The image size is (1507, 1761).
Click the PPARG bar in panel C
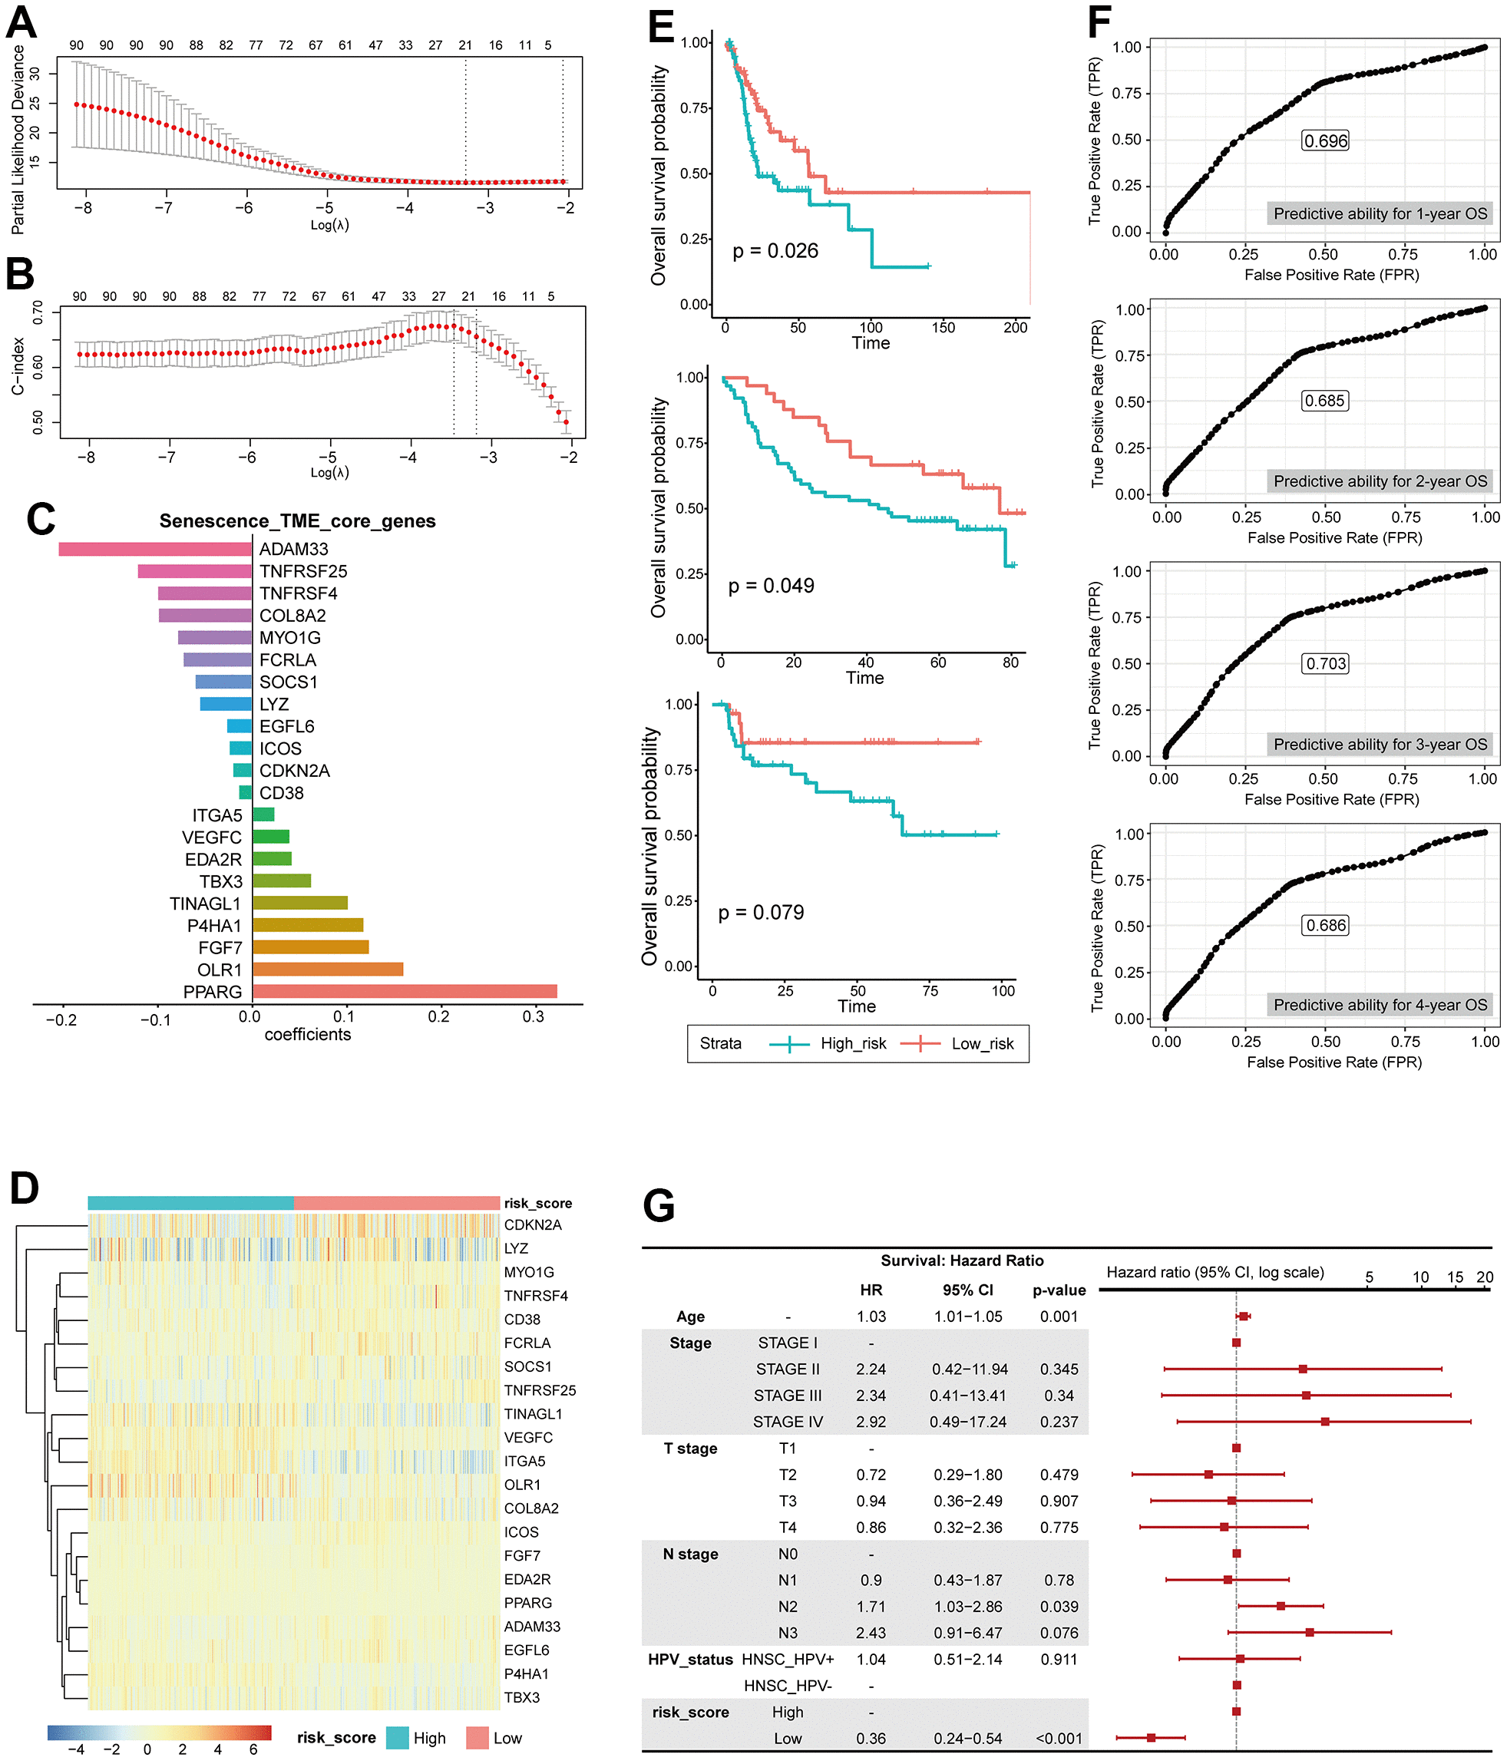405,991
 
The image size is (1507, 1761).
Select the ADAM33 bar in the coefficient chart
155,550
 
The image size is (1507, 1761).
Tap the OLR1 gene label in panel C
220,970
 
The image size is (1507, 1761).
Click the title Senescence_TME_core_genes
298,521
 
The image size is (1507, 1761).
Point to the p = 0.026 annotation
775,251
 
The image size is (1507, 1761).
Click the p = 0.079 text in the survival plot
761,913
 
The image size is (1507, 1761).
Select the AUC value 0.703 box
1326,664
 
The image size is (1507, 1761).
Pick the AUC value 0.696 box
1326,141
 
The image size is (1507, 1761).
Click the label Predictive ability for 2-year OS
1380,481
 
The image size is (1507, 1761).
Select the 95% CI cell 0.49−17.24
968,1422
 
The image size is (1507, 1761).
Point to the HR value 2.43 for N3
871,1633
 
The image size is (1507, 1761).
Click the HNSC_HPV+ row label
787,1659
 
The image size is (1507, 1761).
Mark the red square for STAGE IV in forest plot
1324,1421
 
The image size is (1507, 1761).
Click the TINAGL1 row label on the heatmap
533,1413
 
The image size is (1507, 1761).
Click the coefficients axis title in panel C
308,1034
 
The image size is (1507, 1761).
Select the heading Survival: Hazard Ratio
961,1260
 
